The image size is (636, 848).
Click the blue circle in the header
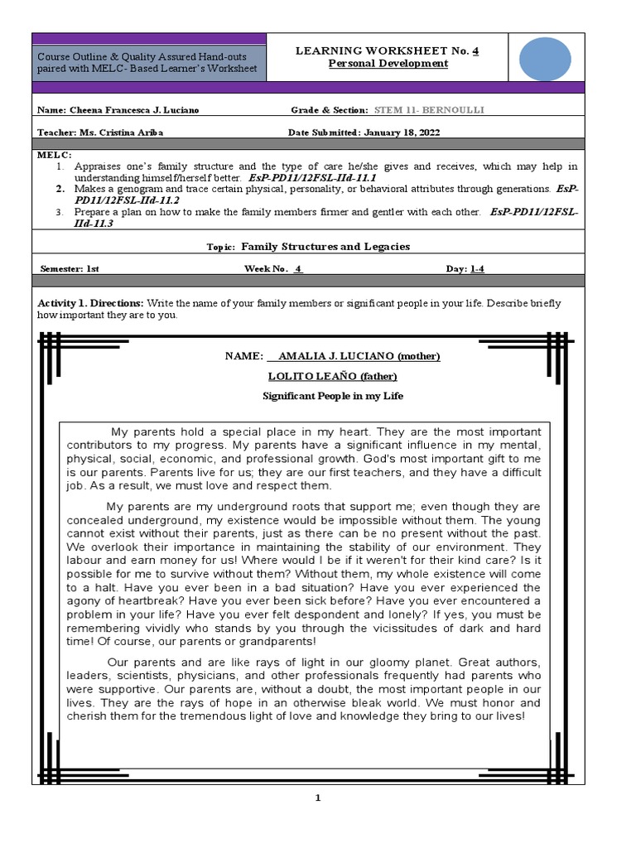544,57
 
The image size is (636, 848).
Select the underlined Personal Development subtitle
387,64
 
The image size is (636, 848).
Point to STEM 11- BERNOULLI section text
429,110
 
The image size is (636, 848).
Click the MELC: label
55,155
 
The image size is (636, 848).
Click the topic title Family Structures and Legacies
325,247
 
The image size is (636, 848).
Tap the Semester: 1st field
70,268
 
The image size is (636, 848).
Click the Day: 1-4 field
465,268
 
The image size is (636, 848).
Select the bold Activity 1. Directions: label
91,303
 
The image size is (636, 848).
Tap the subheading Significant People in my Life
333,396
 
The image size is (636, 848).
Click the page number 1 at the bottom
317,797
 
